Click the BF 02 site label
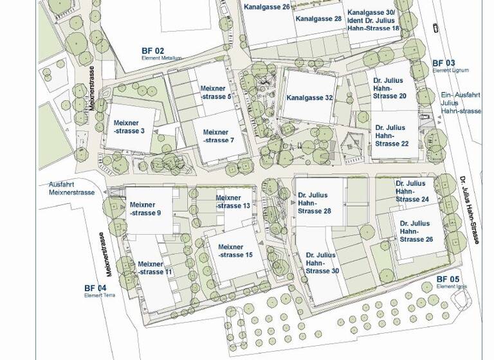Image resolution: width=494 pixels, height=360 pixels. point(153,51)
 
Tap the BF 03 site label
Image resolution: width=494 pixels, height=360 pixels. point(443,64)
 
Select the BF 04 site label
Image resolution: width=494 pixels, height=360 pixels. point(95,288)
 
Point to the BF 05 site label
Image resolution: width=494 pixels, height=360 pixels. point(448,280)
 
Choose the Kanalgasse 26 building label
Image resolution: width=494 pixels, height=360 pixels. point(267,6)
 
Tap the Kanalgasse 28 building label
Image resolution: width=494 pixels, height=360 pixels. point(318,19)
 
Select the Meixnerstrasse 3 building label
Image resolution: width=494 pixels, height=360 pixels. point(129,127)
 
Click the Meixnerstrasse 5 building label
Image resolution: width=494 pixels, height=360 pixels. point(215,93)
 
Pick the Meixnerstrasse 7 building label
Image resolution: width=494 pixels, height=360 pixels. point(219,136)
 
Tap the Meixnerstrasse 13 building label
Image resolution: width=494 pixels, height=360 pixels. point(233,202)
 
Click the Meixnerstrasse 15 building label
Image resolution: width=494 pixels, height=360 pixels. point(235,251)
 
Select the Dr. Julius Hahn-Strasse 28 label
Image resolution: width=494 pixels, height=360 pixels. point(313,203)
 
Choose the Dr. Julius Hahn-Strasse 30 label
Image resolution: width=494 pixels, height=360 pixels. point(322,263)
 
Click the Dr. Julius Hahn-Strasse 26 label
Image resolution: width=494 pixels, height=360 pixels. point(416,231)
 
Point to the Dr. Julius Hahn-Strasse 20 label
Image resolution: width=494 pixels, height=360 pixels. point(389,88)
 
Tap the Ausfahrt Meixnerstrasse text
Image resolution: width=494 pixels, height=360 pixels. point(71,188)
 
